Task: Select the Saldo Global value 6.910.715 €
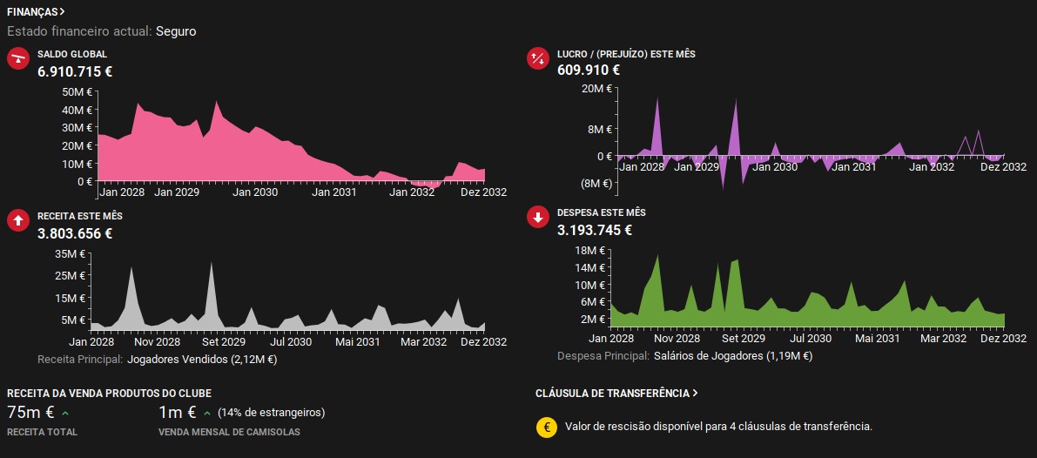[x=75, y=71]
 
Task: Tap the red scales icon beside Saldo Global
[x=18, y=59]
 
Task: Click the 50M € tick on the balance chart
[x=77, y=92]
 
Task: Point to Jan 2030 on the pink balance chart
[x=255, y=192]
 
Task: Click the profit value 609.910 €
[x=589, y=70]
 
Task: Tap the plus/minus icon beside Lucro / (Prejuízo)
[x=538, y=58]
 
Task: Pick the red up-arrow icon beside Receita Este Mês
[x=18, y=221]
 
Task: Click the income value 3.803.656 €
[x=75, y=232]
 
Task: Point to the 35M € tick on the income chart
[x=72, y=253]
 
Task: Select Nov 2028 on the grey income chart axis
[x=158, y=341]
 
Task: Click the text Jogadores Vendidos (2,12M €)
[x=202, y=360]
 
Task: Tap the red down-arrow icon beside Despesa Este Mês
[x=538, y=218]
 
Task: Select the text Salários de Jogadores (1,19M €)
[x=733, y=356]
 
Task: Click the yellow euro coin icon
[x=546, y=427]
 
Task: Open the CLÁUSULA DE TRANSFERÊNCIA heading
[x=616, y=394]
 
